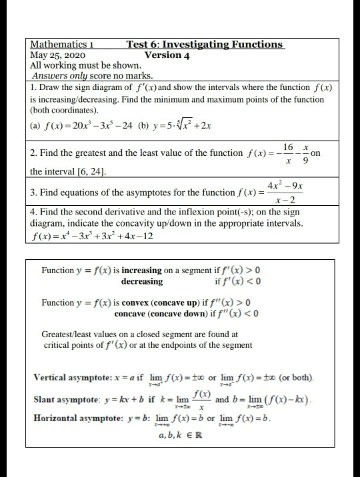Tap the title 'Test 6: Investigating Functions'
point(205,45)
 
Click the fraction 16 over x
point(287,152)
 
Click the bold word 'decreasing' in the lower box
point(142,282)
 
